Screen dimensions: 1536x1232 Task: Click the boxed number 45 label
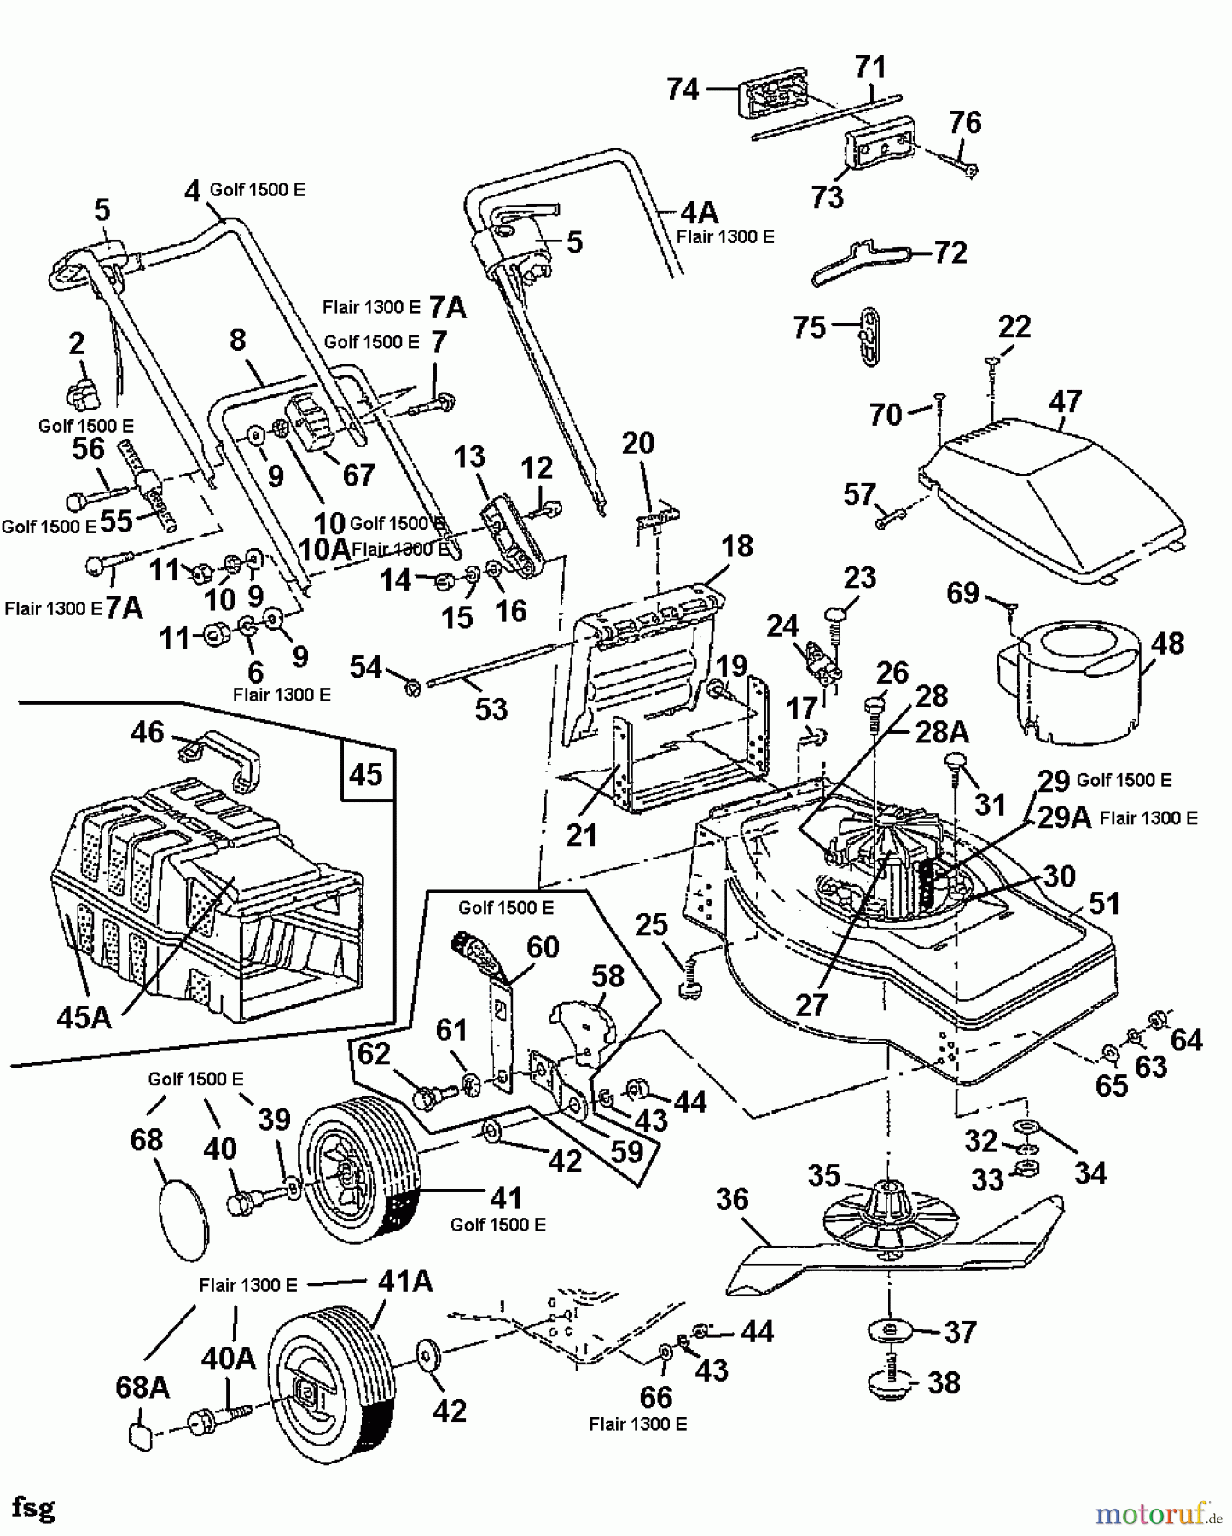pyautogui.click(x=366, y=774)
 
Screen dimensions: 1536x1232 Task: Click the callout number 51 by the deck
pyautogui.click(x=1104, y=903)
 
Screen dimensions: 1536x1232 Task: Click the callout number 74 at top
pyautogui.click(x=683, y=89)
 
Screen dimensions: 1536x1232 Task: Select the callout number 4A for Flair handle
pyautogui.click(x=699, y=211)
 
